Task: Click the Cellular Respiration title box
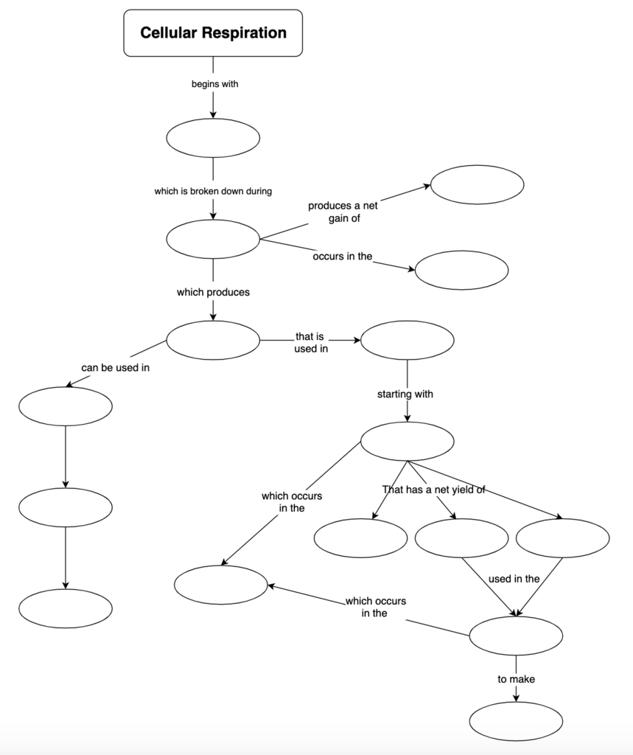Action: (x=213, y=33)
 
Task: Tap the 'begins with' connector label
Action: (x=214, y=84)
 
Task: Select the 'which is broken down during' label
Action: (x=213, y=192)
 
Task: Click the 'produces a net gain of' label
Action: (x=343, y=212)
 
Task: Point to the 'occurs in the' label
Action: (x=343, y=257)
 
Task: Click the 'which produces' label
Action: (x=213, y=293)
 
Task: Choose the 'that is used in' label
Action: (x=310, y=343)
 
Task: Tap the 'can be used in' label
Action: (x=115, y=367)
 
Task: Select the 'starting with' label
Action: (x=405, y=394)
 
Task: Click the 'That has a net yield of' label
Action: (x=433, y=489)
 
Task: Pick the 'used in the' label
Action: (x=514, y=579)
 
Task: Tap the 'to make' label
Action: (x=516, y=679)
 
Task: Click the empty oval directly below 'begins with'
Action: (x=213, y=138)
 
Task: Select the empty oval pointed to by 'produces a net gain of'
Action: (x=477, y=184)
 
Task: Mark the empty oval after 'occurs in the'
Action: (x=461, y=270)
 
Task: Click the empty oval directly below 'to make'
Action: (x=516, y=721)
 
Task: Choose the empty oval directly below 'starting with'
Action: (x=407, y=442)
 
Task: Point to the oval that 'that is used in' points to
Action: (x=407, y=340)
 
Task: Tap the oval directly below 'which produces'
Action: (x=213, y=340)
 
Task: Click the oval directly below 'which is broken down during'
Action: (x=213, y=239)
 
